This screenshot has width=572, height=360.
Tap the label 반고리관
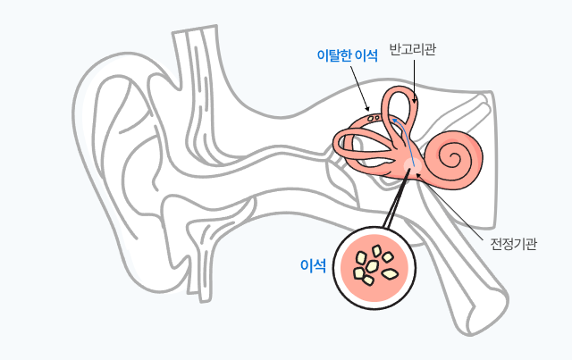click(413, 49)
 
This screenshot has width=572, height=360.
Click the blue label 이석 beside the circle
click(313, 265)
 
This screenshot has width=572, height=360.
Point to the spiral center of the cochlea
click(463, 160)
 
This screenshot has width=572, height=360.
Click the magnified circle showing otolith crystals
click(376, 265)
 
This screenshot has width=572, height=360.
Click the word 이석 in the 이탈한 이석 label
click(366, 55)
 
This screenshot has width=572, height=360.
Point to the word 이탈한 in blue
click(335, 55)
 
